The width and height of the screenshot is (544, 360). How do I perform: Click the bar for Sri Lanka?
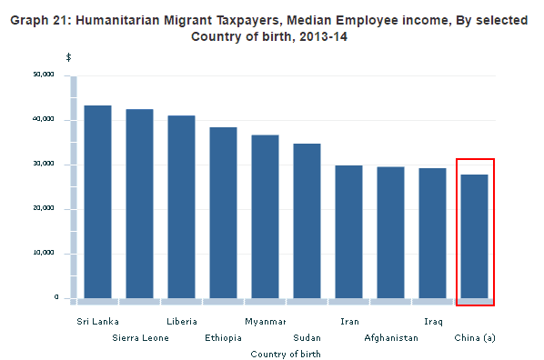[98, 202]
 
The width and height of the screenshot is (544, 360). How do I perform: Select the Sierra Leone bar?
[139, 204]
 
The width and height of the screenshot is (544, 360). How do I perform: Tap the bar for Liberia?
[181, 206]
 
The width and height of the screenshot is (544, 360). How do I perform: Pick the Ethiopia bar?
[224, 213]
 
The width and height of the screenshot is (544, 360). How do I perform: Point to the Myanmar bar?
[265, 216]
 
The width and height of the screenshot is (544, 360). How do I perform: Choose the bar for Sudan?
[307, 221]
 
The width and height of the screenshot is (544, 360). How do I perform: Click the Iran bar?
[348, 232]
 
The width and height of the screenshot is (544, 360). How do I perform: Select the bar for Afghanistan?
[390, 233]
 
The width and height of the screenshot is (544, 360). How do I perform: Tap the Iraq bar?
[432, 233]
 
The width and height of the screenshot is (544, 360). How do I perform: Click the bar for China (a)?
[474, 236]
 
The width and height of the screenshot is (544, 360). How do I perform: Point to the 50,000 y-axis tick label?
[44, 75]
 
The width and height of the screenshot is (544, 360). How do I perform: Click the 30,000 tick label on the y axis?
[44, 164]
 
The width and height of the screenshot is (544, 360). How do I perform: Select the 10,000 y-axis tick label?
[44, 253]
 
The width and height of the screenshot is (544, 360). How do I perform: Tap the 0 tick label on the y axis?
[56, 297]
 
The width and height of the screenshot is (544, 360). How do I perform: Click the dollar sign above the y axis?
[69, 57]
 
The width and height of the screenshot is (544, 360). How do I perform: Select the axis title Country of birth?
[286, 355]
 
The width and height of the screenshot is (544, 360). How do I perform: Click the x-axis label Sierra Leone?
[140, 338]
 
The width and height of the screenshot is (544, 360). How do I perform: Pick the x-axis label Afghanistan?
[391, 338]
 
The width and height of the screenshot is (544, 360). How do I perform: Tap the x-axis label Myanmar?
[265, 322]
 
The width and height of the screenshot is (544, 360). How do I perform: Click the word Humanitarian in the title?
[117, 21]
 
